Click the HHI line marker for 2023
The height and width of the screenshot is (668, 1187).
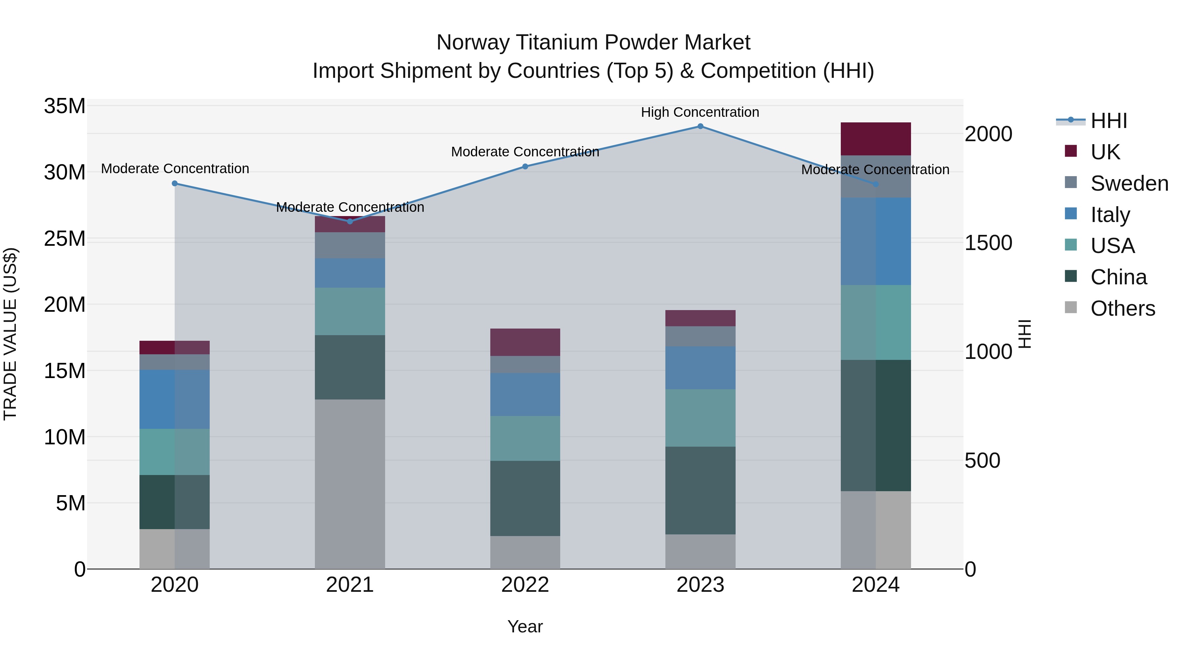[x=700, y=126]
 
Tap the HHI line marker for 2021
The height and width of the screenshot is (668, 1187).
[x=350, y=221]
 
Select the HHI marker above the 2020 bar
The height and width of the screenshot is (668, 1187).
[x=175, y=183]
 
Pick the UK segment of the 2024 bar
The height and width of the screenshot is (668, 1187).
[x=875, y=139]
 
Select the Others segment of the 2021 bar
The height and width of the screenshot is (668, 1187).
[x=350, y=484]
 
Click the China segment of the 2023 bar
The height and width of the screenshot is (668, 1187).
[x=700, y=490]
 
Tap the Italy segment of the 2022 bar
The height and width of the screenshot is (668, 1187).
[x=525, y=395]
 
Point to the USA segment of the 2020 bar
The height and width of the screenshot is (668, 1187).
[x=175, y=452]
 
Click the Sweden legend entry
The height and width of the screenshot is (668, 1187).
[x=1129, y=183]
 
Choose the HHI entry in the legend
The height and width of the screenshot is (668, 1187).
[x=1108, y=121]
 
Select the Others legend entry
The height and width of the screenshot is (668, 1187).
[x=1122, y=308]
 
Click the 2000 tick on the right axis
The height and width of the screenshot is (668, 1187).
[x=989, y=134]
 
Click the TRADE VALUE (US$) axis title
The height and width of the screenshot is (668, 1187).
[x=10, y=334]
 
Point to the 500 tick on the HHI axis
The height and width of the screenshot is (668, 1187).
[x=983, y=461]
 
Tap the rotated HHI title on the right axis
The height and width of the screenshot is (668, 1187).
[x=1024, y=334]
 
